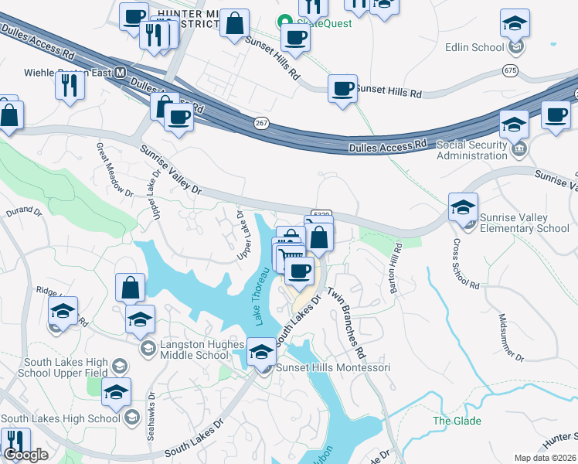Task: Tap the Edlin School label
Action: coord(474,47)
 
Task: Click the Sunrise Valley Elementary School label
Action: coord(524,223)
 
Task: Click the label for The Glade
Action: coord(457,421)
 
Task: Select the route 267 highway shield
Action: coord(263,123)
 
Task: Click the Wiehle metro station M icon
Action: coord(120,72)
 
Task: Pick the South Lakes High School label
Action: coord(60,418)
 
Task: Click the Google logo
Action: coord(25,455)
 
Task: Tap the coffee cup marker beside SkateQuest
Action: coord(294,36)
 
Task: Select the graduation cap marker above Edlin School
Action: coord(515,24)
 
